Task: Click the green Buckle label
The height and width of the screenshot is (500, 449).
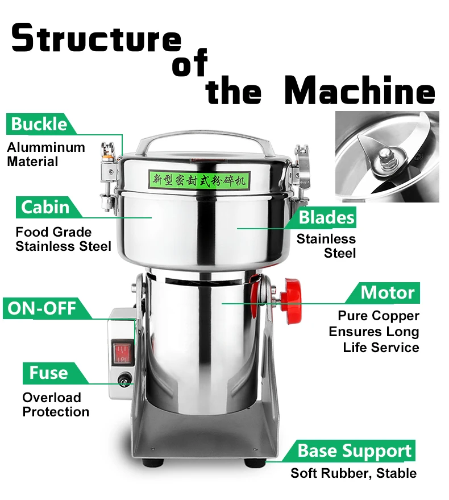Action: (38, 124)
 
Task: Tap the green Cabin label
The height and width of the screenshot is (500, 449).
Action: (45, 206)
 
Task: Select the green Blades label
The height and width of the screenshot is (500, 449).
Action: (327, 217)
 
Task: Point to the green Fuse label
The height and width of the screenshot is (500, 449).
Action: (49, 373)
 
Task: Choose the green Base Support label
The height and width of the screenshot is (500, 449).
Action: (355, 451)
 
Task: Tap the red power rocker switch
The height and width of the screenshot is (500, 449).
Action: (122, 352)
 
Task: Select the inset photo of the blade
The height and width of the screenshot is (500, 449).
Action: (387, 156)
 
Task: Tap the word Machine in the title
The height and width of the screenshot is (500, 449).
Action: (359, 91)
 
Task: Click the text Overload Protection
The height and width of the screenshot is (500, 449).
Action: (56, 404)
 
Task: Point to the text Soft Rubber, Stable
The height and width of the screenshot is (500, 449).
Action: (354, 473)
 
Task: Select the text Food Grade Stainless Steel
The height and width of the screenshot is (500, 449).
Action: (63, 239)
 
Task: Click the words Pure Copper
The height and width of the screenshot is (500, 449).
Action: (378, 316)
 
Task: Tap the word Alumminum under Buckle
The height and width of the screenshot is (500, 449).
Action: (46, 147)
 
